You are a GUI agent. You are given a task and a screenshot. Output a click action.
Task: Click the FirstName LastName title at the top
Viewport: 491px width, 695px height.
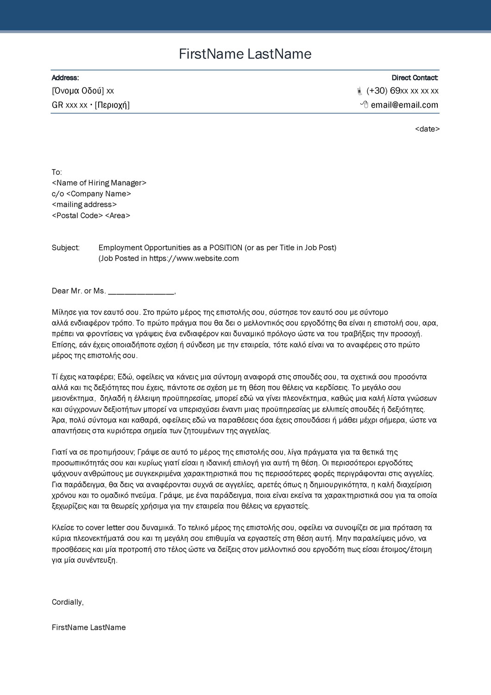pyautogui.click(x=245, y=54)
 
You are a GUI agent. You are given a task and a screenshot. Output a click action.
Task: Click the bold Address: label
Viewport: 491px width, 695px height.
pyautogui.click(x=65, y=78)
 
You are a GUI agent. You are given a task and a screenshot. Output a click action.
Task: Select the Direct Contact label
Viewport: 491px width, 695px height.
pyautogui.click(x=415, y=78)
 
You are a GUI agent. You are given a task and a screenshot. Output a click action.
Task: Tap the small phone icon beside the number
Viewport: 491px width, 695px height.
pyautogui.click(x=359, y=91)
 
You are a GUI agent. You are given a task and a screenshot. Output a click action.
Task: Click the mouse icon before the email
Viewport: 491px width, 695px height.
pyautogui.click(x=364, y=105)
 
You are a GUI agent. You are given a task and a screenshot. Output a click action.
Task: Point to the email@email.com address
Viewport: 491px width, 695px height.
pyautogui.click(x=404, y=105)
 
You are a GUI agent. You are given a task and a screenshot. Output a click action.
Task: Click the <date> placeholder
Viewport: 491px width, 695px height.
pyautogui.click(x=427, y=129)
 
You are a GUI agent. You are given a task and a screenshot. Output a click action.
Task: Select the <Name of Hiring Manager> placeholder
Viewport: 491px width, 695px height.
pyautogui.click(x=99, y=183)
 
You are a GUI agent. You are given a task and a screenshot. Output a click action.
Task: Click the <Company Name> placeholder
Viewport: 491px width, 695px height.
pyautogui.click(x=99, y=194)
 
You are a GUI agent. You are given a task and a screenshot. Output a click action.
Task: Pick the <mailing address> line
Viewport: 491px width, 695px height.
pyautogui.click(x=84, y=205)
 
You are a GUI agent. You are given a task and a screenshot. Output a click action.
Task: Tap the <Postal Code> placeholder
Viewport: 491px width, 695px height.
pyautogui.click(x=77, y=216)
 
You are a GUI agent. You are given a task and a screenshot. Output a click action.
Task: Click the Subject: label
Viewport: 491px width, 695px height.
pyautogui.click(x=66, y=248)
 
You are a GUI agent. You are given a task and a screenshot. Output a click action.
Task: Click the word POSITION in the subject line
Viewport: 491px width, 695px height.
pyautogui.click(x=226, y=248)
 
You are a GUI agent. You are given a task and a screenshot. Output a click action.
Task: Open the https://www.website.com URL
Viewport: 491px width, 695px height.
pyautogui.click(x=194, y=259)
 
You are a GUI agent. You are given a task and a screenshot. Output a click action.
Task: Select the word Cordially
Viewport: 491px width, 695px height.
pyautogui.click(x=67, y=602)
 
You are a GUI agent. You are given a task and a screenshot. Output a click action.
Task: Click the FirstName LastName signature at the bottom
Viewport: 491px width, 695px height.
pyautogui.click(x=89, y=628)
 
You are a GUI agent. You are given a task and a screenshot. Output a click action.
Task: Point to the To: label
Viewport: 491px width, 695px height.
pyautogui.click(x=57, y=172)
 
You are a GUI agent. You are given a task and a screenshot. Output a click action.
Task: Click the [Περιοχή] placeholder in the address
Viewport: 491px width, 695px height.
pyautogui.click(x=112, y=105)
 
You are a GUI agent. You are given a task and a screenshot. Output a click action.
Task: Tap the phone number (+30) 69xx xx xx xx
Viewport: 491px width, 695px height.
pyautogui.click(x=402, y=91)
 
